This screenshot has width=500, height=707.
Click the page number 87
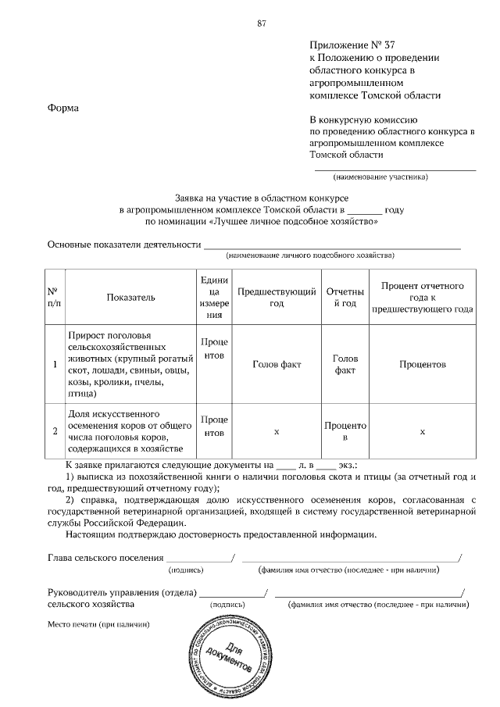[x=262, y=23]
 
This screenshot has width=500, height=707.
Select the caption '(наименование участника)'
[x=380, y=177]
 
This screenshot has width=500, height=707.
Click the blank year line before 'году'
[x=364, y=210]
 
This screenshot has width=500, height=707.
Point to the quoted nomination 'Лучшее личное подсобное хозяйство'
[x=298, y=222]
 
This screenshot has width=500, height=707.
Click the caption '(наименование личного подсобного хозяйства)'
[x=310, y=255]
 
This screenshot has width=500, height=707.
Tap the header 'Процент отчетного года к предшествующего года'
[x=422, y=297]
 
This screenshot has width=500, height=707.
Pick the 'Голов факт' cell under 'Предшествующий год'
[x=277, y=364]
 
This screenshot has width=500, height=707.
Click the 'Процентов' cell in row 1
[x=422, y=364]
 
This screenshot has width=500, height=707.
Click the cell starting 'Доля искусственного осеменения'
[x=124, y=430]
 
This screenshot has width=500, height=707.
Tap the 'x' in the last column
[x=422, y=430]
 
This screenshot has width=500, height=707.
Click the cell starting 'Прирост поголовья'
[x=124, y=364]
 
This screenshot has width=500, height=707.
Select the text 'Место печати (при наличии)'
[x=98, y=625]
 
